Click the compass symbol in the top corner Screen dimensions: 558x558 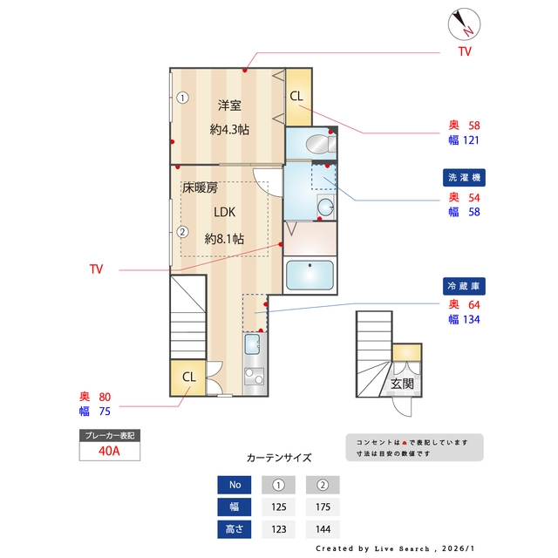point(462,24)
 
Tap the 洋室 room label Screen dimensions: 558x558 point(229,105)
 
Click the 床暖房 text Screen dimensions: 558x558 point(200,187)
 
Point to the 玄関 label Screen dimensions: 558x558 point(402,384)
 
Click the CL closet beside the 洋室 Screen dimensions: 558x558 point(296,96)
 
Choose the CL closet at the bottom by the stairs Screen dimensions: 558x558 point(188,377)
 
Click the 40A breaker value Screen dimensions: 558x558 point(109,451)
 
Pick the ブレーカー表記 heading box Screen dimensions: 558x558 point(109,435)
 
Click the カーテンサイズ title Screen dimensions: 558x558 point(278,457)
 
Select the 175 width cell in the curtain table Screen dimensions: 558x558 point(322,507)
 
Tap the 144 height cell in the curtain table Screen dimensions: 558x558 point(322,529)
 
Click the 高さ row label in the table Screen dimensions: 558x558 point(234,529)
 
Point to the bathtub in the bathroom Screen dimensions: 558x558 point(310,276)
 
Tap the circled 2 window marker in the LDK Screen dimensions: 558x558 point(182,232)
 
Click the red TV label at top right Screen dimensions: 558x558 point(465,52)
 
